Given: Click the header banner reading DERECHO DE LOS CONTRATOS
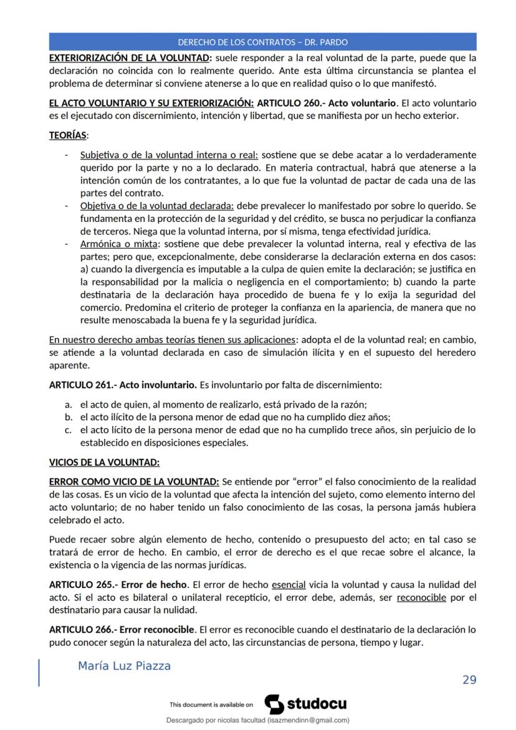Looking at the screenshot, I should coord(262,42).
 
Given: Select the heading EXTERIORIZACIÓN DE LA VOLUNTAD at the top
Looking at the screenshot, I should coord(130,58).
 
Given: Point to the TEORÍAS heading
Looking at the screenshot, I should coord(69,135).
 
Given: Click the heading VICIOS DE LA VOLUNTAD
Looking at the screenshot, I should coord(104,463).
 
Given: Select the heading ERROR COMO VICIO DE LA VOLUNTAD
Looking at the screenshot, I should coord(134,482).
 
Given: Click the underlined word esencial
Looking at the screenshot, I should coord(289,585).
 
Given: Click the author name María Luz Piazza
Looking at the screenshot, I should coord(124,666).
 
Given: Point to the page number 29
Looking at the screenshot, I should coord(469,680).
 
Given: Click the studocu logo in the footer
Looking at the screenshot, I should coord(305,704).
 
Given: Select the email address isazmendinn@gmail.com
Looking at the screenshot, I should coord(308,720).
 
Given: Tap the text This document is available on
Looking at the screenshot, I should coord(211,705).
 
